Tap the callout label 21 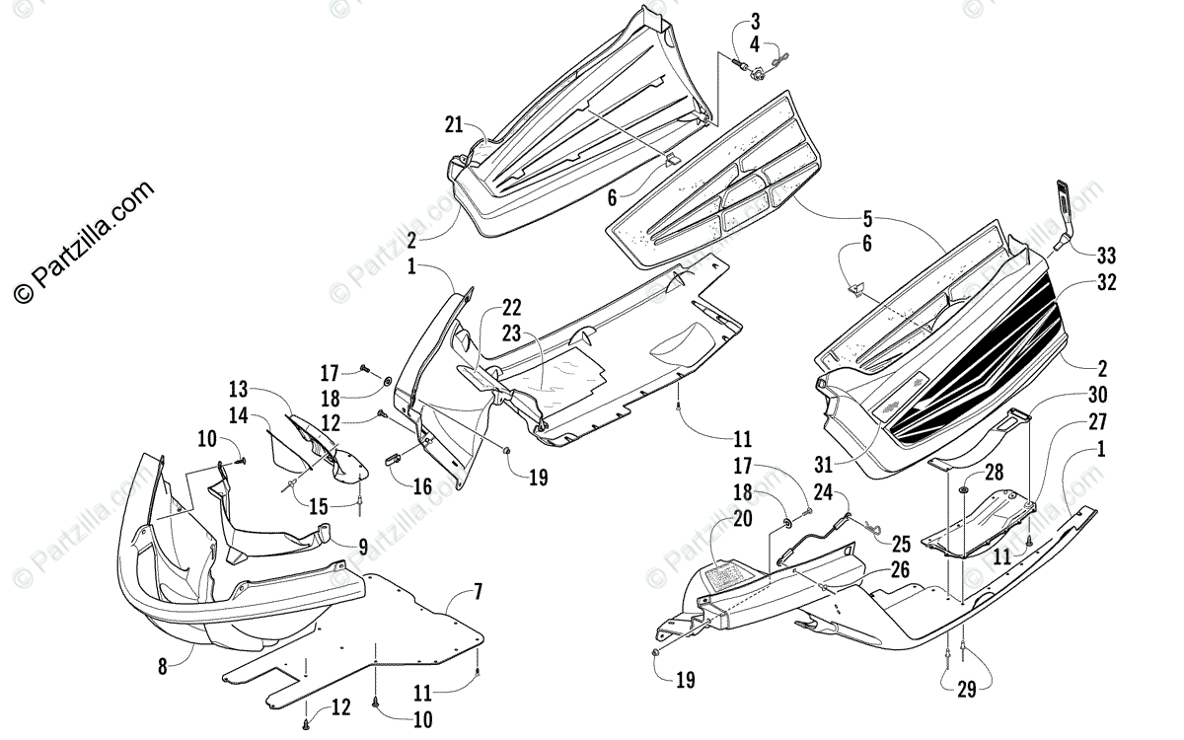453,124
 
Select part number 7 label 478,593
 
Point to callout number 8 163,666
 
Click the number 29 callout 966,690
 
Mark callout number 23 512,333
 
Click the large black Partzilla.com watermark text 84,241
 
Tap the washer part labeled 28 963,490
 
